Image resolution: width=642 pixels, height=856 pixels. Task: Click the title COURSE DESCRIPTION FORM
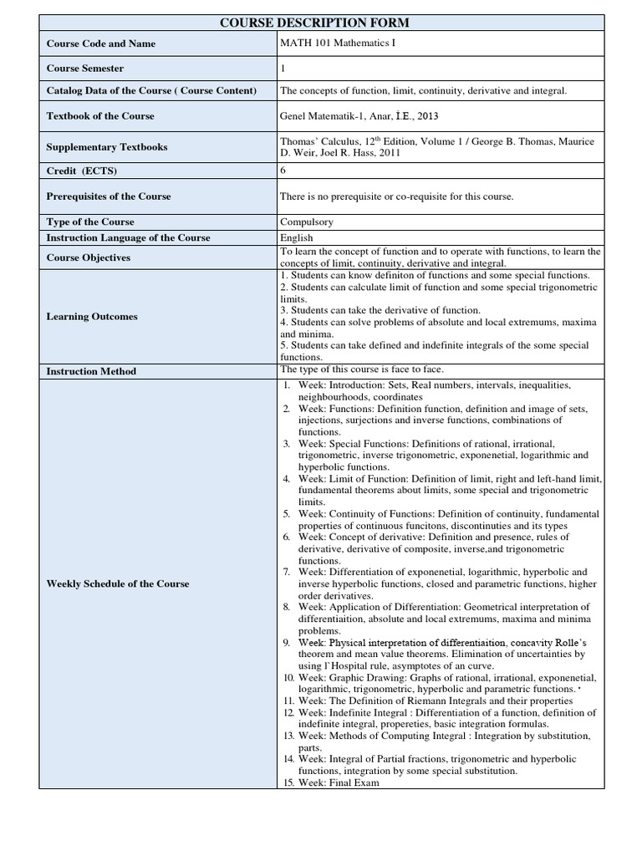(x=321, y=23)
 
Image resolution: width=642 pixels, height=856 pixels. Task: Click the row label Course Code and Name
(x=100, y=43)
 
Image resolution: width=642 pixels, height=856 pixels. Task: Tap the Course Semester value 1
(x=283, y=68)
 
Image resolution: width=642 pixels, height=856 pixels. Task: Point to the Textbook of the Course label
(x=100, y=116)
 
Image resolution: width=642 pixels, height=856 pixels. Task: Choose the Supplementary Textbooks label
(x=107, y=147)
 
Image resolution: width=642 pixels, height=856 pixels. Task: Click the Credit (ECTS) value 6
(x=283, y=171)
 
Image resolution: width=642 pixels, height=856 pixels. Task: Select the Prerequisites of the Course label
(x=109, y=196)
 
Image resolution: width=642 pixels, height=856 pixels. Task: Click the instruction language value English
(x=297, y=238)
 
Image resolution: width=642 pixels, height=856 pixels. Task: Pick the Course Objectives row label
(x=89, y=257)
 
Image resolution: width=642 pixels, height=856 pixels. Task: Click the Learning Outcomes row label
(x=92, y=317)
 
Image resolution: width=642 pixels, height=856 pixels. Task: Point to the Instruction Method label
(x=91, y=371)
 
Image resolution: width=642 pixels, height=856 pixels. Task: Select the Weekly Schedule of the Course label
(x=118, y=583)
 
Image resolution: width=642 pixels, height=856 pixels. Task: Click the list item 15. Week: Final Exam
(x=330, y=783)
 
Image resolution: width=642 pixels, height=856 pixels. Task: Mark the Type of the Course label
(x=90, y=222)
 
